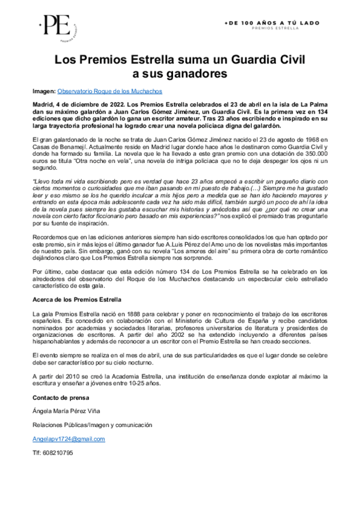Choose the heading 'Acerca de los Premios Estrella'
pyautogui.click(x=77, y=299)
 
